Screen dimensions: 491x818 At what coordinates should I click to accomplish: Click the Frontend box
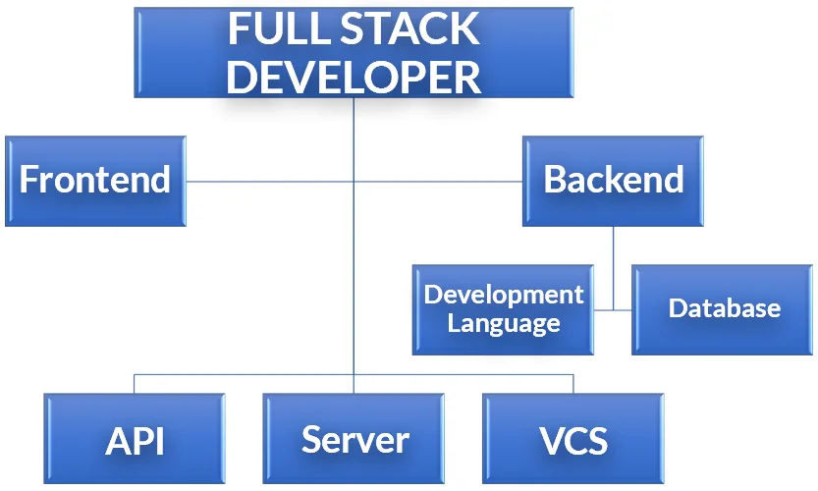(x=95, y=182)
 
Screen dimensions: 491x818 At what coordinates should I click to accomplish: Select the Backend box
(x=614, y=182)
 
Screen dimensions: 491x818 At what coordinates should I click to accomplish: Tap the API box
(x=135, y=439)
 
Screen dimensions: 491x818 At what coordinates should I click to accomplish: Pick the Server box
(x=354, y=439)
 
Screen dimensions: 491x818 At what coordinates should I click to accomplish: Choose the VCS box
(x=573, y=439)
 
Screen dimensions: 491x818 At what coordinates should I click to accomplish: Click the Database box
(x=724, y=309)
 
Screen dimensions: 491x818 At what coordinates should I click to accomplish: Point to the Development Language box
(x=503, y=309)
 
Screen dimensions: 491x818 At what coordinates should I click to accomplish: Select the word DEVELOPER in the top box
(x=354, y=77)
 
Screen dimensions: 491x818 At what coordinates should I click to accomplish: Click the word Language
(x=504, y=323)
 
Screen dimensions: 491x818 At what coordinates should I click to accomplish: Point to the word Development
(x=504, y=295)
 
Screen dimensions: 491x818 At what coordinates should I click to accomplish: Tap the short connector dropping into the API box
(x=135, y=384)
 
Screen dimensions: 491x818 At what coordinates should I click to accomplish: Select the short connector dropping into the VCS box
(x=573, y=384)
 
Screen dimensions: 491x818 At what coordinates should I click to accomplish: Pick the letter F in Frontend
(x=28, y=182)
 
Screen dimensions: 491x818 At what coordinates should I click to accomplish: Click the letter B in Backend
(x=556, y=182)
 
